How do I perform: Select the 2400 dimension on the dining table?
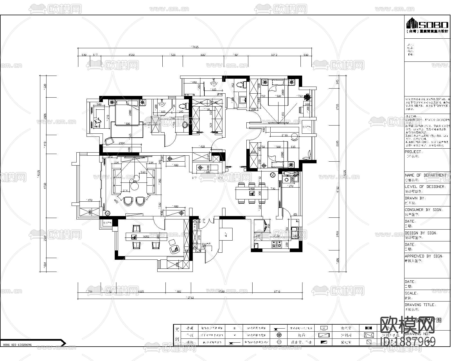tap(251, 188)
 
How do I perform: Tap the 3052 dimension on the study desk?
tap(146, 236)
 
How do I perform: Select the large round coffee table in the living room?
tap(135, 186)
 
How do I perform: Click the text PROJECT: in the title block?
tap(413, 152)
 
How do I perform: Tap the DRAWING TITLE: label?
tap(420, 305)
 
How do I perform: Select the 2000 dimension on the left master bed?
tap(130, 113)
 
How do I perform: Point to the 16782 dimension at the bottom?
tap(191, 297)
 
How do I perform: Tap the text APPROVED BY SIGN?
tap(424, 256)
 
